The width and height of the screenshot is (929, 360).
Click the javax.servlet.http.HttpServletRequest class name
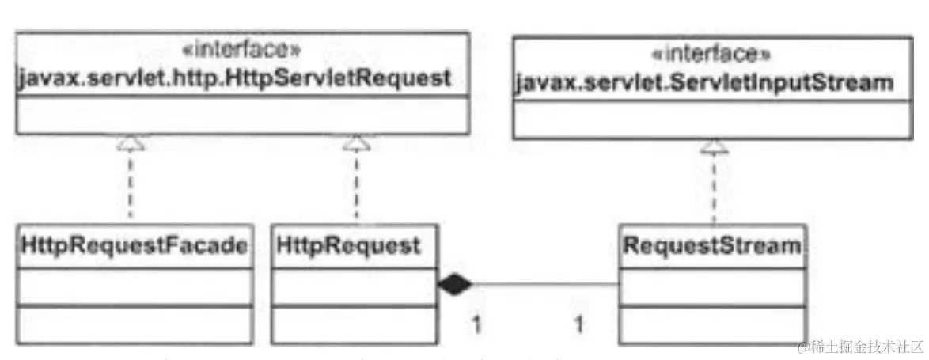234,78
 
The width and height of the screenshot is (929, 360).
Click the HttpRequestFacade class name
131,246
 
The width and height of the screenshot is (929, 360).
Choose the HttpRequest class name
348,246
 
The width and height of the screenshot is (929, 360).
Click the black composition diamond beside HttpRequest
453,284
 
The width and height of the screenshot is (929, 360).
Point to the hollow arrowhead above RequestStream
714,146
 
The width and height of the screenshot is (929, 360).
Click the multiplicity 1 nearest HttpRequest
476,323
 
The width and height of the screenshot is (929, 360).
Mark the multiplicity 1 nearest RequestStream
578,323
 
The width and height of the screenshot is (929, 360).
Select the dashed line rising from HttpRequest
356,186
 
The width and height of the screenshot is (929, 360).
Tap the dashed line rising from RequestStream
714,190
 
